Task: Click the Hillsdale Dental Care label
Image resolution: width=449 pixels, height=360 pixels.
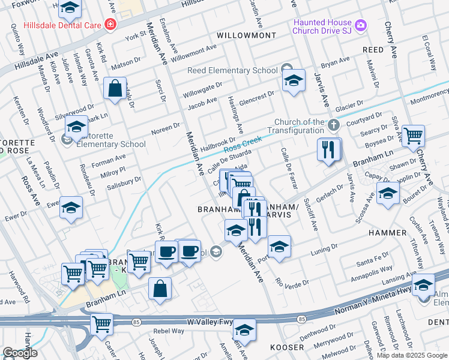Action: [x=61, y=26]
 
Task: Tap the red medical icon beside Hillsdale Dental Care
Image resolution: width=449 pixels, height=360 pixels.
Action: [x=110, y=25]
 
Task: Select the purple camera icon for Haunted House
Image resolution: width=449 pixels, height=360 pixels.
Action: [x=360, y=25]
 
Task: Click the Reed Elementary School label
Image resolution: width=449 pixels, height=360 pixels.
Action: [x=232, y=70]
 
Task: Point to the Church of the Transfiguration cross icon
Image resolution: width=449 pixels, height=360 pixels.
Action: [x=334, y=125]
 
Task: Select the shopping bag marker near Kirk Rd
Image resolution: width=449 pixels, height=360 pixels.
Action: [x=115, y=89]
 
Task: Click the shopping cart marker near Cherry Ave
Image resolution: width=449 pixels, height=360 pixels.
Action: [x=413, y=136]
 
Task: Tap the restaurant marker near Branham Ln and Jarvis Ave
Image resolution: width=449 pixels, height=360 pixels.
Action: [x=328, y=150]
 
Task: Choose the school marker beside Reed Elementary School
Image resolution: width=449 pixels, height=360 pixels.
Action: [x=294, y=82]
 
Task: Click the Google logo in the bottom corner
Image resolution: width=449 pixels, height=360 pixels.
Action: [x=20, y=353]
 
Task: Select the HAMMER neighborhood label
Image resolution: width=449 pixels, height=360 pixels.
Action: [x=388, y=232]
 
